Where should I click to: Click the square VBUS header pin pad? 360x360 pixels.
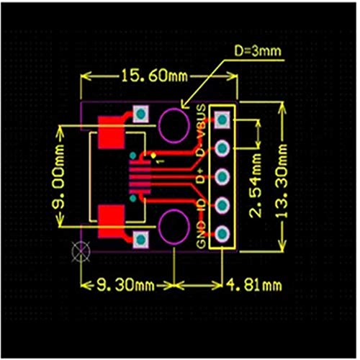222,119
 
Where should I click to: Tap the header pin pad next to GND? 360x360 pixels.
222,233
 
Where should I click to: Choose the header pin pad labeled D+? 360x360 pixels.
222,176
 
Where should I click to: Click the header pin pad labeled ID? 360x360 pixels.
222,205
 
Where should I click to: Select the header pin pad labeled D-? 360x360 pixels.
222,148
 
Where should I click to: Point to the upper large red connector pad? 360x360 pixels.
112,131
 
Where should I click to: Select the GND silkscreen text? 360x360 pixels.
202,238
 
